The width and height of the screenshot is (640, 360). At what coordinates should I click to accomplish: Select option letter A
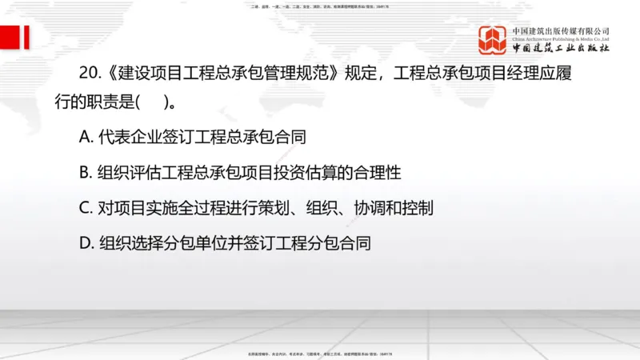pos(86,137)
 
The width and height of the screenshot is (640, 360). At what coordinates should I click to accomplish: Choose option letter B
pos(86,173)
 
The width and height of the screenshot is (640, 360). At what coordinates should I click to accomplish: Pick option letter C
pos(86,208)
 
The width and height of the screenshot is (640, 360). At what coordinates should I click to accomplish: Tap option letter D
pos(86,243)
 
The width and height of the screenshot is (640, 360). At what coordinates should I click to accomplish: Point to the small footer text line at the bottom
pos(320,353)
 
